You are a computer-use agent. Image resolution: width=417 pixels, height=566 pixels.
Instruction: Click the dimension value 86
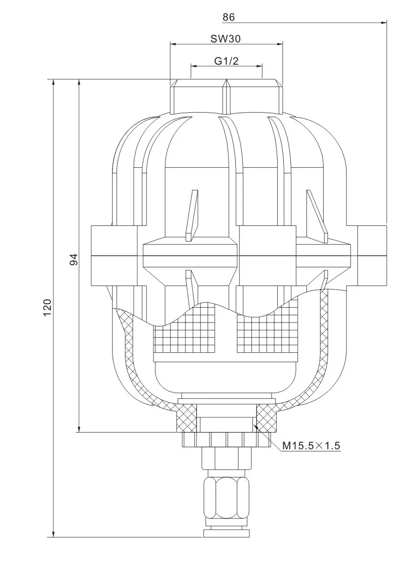[x=229, y=17]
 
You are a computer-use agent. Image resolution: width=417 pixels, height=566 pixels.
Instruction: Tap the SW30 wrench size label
[x=226, y=38]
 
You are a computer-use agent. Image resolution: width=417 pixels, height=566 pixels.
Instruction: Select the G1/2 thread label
[x=226, y=61]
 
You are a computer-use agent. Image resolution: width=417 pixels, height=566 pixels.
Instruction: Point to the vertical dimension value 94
[x=74, y=260]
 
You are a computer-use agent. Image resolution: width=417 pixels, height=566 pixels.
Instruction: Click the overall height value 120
[x=48, y=307]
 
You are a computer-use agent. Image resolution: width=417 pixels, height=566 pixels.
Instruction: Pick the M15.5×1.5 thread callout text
[x=311, y=445]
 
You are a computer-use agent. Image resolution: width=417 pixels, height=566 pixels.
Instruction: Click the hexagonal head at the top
[x=226, y=96]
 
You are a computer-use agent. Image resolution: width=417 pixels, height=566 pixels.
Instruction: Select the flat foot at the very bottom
[x=226, y=533]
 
